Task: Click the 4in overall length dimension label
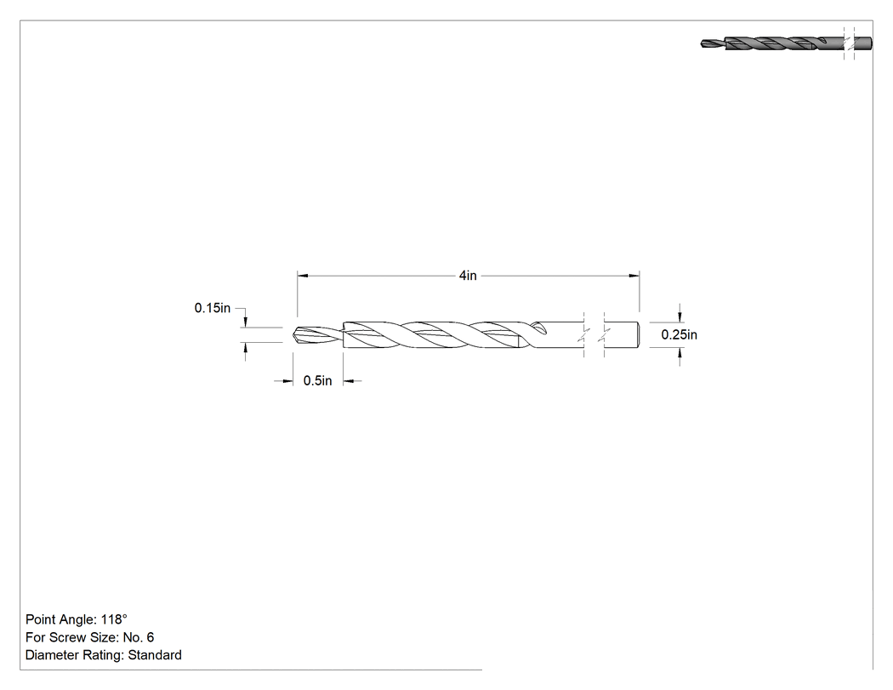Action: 468,275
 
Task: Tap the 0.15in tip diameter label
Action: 213,308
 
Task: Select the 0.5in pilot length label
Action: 317,380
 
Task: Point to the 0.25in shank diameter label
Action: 679,334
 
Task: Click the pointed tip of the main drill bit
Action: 294,334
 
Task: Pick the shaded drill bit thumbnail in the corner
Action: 786,43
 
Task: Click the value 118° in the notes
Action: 114,619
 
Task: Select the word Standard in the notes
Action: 155,655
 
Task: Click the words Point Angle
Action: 60,619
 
